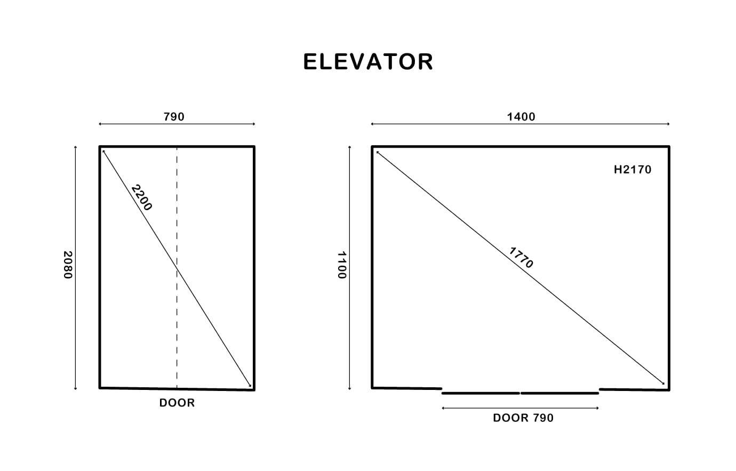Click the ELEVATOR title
click(x=368, y=62)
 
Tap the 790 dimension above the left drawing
click(x=174, y=117)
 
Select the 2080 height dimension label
click(x=68, y=265)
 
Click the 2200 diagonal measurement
click(x=142, y=197)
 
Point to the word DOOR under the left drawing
click(x=177, y=403)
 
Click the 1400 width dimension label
click(x=521, y=117)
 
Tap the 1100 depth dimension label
click(x=342, y=265)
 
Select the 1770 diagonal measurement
click(x=521, y=258)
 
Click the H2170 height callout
click(x=633, y=170)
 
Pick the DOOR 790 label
click(x=523, y=418)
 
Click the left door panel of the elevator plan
click(x=481, y=393)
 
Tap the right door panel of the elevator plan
click(x=559, y=393)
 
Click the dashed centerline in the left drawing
click(x=177, y=267)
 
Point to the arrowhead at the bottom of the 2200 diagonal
click(x=250, y=385)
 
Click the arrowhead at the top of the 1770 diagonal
click(x=378, y=153)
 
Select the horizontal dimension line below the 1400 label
click(x=520, y=124)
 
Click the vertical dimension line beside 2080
click(x=75, y=268)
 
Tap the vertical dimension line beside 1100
click(x=350, y=268)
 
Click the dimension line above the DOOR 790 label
click(x=520, y=408)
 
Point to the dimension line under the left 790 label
click(x=177, y=124)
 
